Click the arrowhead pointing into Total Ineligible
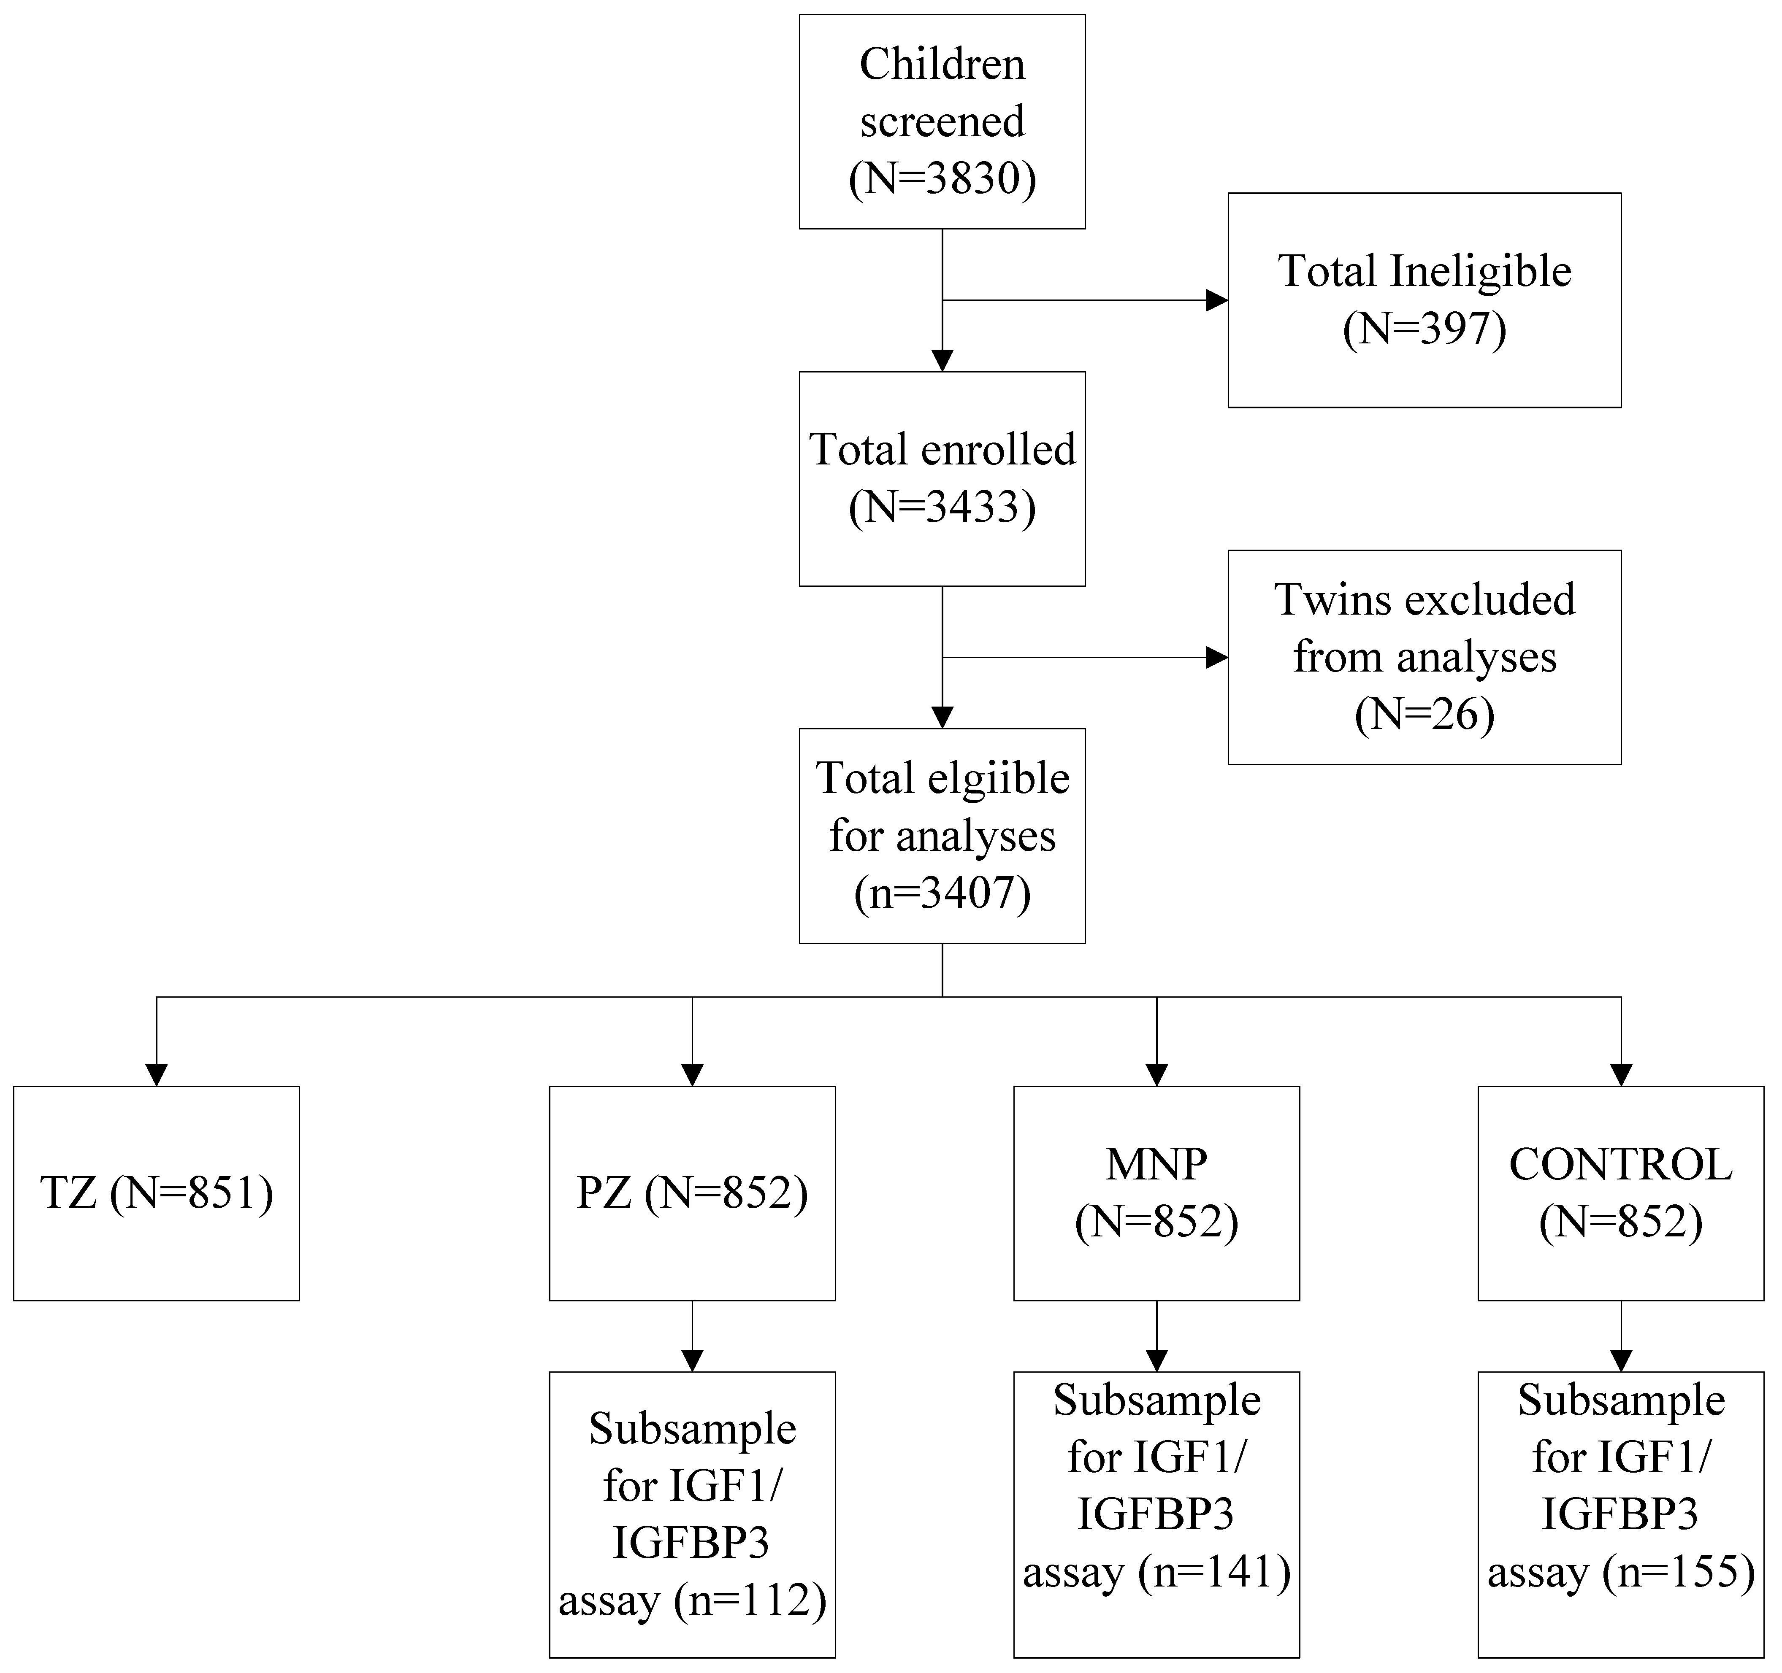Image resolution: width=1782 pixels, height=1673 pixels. [x=1216, y=300]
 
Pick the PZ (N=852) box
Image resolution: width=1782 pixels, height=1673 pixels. [x=692, y=1193]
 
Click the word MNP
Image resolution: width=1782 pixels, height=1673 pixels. [x=1156, y=1164]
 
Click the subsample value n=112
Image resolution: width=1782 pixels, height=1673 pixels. [x=751, y=1600]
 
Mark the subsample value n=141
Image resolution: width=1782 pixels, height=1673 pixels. [x=1215, y=1572]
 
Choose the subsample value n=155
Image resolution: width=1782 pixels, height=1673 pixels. [x=1679, y=1572]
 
